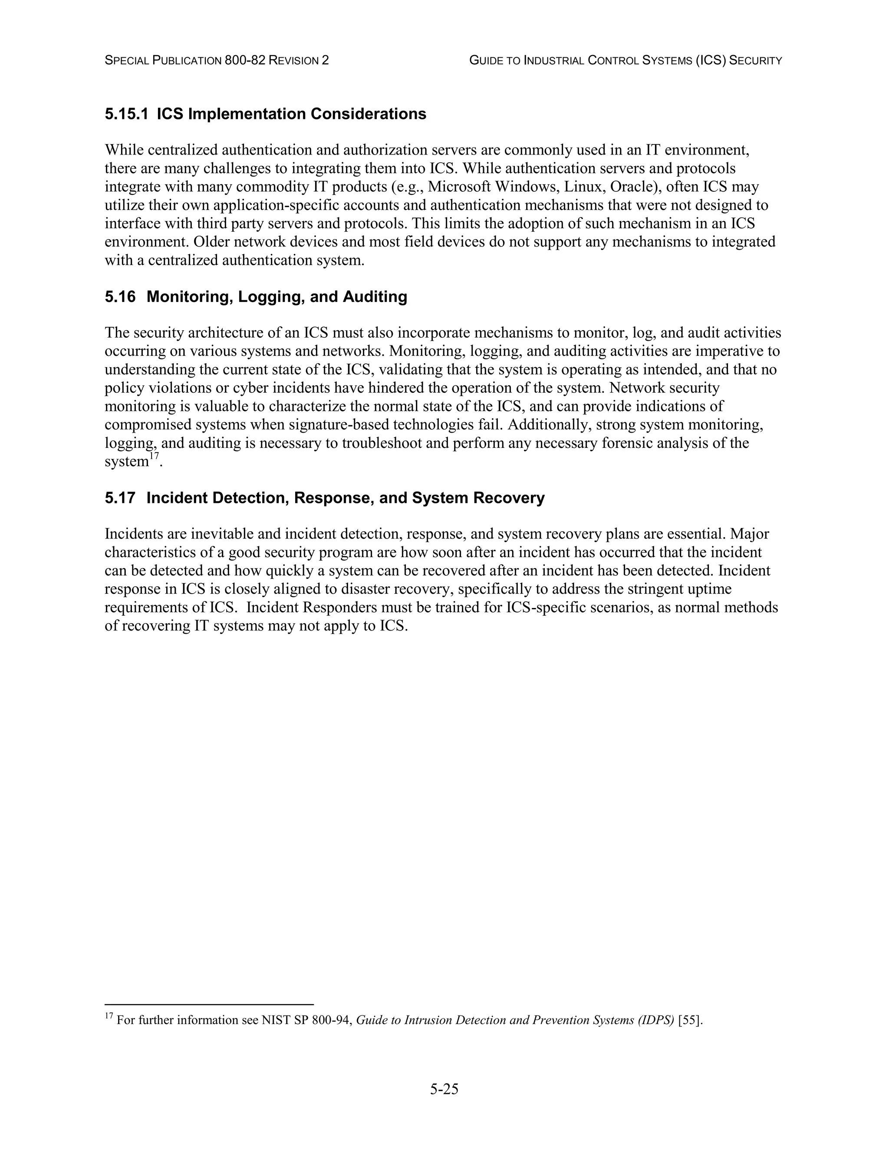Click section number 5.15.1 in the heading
pos(126,114)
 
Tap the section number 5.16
pos(119,296)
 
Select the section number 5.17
pos(119,498)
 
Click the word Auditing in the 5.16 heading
pos(375,296)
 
